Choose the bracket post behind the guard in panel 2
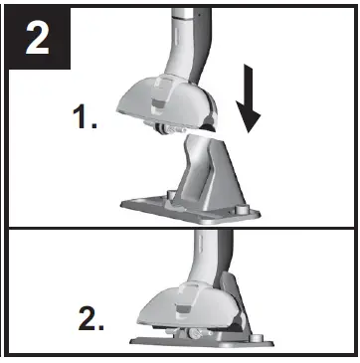pos(231,288)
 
